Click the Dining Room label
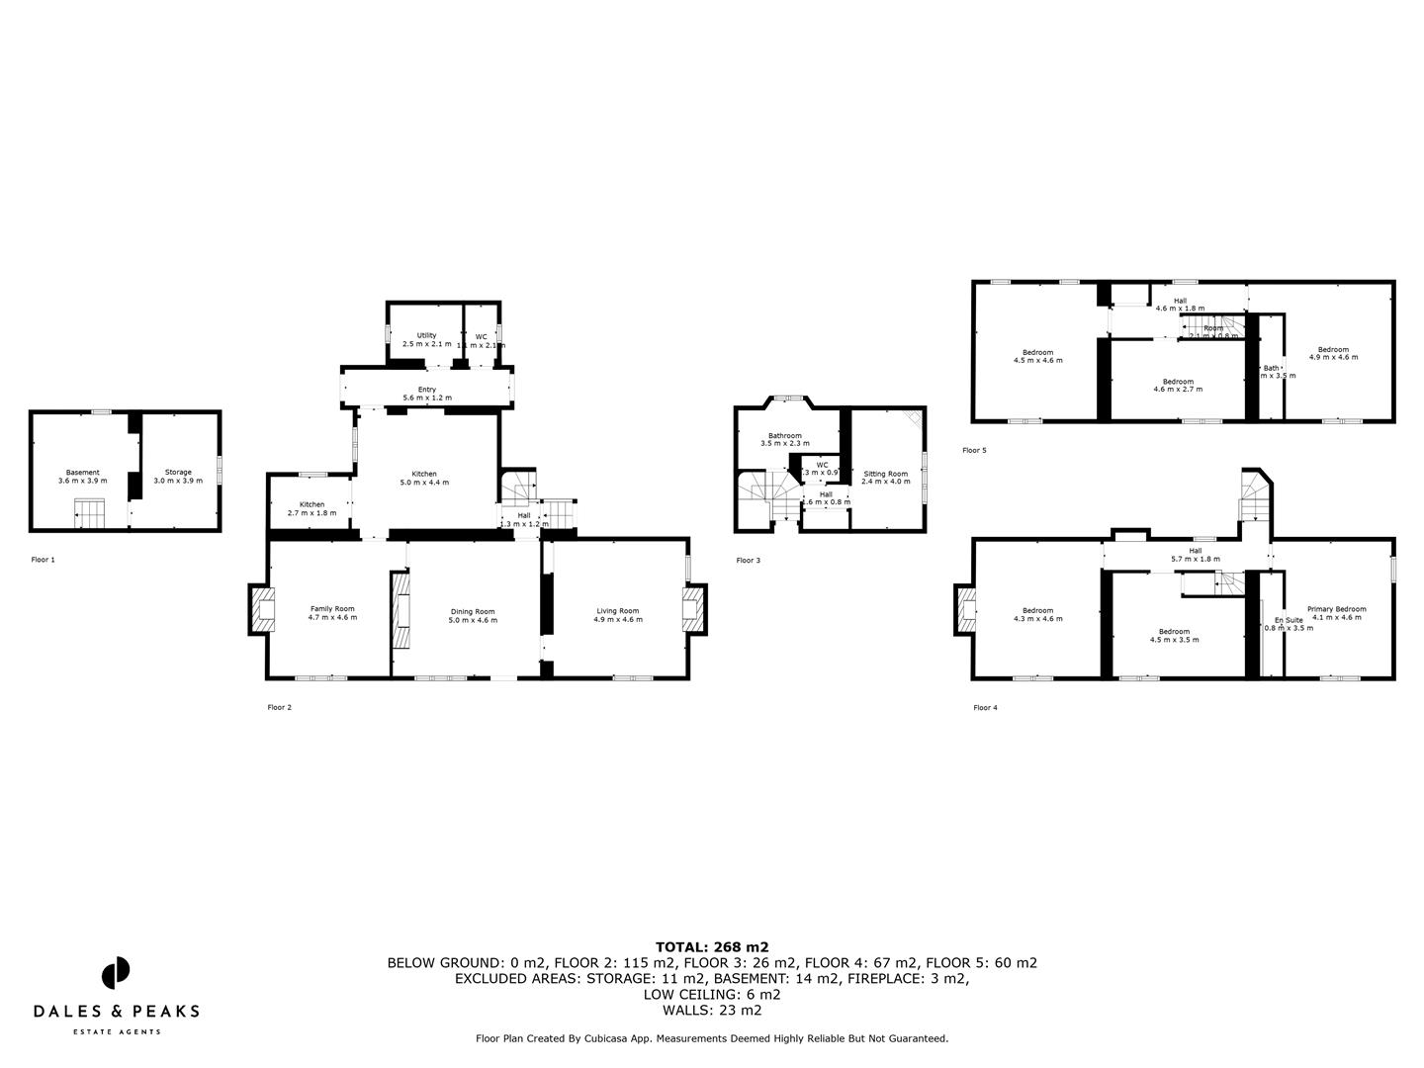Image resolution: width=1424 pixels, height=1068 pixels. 473,615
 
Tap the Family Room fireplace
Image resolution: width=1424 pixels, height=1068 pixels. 263,609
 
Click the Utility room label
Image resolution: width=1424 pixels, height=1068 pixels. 426,339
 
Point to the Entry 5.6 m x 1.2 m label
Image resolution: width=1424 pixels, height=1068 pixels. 426,394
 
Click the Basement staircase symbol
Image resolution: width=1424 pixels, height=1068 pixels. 89,514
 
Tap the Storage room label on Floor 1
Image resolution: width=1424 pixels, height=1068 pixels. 178,476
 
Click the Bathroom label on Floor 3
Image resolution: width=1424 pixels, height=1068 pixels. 785,439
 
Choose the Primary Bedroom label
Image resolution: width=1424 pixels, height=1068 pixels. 1336,613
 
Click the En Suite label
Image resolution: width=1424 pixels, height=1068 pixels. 1289,623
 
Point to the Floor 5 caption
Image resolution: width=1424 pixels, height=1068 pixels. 974,450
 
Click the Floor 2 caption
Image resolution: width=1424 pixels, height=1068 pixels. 279,707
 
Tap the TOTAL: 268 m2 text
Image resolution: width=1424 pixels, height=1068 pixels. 712,946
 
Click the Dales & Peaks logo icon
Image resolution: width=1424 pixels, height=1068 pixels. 116,973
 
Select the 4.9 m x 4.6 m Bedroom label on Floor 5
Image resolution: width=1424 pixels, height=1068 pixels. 1333,352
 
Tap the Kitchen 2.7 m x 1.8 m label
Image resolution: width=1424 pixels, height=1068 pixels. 311,508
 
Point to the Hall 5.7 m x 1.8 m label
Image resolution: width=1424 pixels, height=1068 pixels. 1195,555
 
